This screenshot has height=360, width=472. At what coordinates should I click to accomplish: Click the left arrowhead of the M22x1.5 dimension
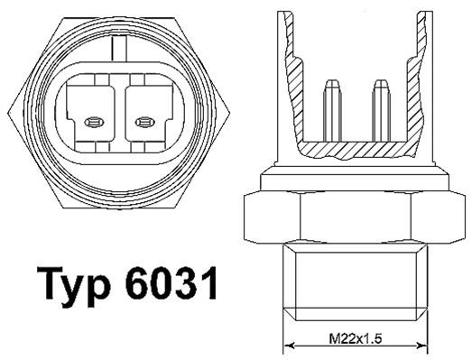290,347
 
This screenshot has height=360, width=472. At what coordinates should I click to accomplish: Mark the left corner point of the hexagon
5,107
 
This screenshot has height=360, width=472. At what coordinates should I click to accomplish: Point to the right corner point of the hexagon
233,107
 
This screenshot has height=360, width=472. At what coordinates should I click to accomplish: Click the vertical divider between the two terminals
119,113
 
